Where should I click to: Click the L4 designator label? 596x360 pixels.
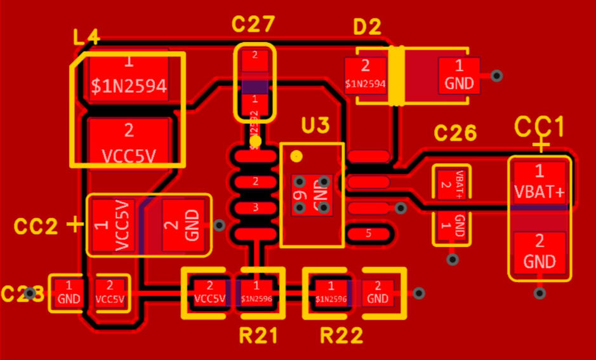(x=86, y=38)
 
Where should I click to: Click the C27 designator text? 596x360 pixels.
(x=253, y=25)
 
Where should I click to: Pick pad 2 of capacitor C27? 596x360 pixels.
(x=255, y=62)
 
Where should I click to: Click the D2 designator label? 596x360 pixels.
(x=367, y=27)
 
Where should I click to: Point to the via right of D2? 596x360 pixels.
(x=497, y=76)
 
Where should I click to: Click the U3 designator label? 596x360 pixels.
(x=315, y=126)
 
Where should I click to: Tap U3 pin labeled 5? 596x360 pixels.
(x=369, y=233)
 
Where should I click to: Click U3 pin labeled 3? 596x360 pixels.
(x=255, y=208)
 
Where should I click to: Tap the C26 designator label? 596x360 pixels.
(x=455, y=133)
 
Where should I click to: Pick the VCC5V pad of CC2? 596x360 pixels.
(x=113, y=225)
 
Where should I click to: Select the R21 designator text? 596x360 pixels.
(x=258, y=335)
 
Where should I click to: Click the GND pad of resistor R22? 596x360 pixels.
(x=378, y=293)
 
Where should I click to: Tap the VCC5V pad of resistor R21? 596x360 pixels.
(x=209, y=293)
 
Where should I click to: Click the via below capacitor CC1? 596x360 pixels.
(x=540, y=293)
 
